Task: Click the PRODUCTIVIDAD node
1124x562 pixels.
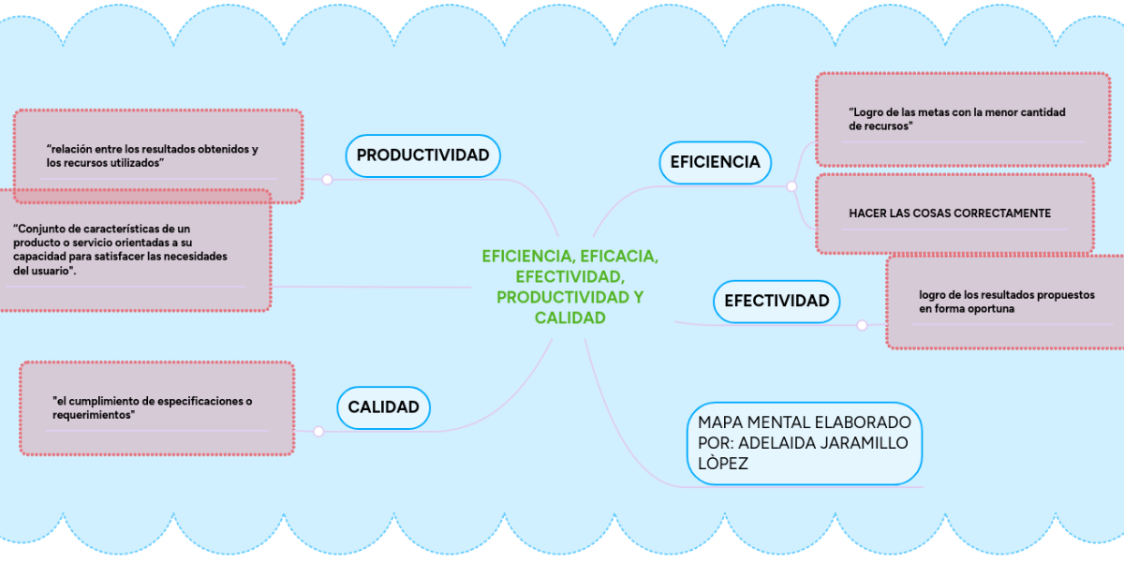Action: click(422, 155)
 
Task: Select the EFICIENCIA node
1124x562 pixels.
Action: click(715, 162)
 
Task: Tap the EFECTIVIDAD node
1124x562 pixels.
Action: click(776, 301)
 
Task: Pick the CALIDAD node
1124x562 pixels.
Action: click(383, 407)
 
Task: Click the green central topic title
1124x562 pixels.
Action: click(569, 287)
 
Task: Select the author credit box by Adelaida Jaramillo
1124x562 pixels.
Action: click(804, 443)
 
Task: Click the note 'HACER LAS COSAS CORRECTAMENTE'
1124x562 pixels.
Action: click(954, 214)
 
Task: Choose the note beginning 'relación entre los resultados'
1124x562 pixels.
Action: click(157, 155)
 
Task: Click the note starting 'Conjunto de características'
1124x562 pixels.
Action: click(131, 249)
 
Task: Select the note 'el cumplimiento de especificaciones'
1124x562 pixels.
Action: click(156, 407)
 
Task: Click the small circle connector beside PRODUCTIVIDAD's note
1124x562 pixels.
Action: click(327, 180)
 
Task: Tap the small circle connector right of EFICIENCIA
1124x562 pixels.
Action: click(791, 186)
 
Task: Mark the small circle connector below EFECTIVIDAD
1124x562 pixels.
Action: click(862, 326)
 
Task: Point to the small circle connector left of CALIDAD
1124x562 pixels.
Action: click(318, 432)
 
